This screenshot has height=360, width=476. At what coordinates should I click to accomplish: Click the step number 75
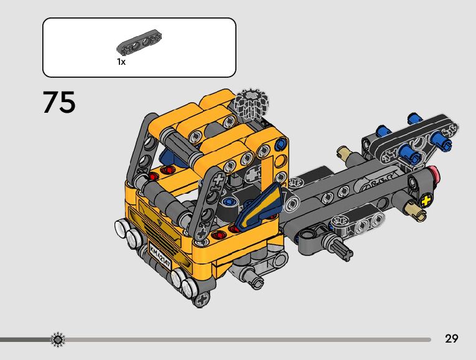[59, 102]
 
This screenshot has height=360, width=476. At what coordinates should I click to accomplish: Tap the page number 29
[451, 338]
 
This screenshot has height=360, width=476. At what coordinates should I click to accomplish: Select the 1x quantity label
[121, 62]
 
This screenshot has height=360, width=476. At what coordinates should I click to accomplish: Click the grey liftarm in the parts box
[139, 42]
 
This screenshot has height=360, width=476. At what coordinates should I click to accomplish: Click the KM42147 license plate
[160, 254]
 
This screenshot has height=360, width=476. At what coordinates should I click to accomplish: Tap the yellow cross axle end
[426, 201]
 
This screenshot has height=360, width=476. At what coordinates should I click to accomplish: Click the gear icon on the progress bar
[58, 339]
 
